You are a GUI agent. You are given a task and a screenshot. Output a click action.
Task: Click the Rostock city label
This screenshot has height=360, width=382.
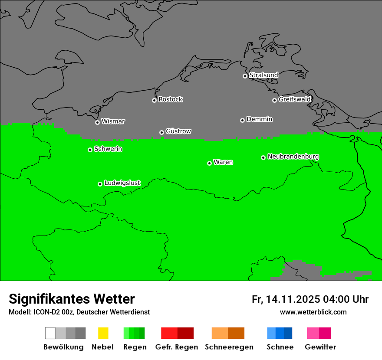coord(171,99)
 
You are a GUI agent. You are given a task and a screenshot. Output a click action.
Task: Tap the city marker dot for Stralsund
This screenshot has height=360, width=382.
coord(245,76)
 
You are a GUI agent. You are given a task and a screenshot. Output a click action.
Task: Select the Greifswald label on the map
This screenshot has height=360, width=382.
coord(294,99)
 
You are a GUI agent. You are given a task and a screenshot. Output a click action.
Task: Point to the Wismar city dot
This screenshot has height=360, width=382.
coord(97,122)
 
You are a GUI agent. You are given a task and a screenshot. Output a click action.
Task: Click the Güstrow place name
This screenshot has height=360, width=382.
coord(178,131)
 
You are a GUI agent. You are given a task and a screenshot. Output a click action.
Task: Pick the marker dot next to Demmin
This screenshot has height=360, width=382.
coord(242,120)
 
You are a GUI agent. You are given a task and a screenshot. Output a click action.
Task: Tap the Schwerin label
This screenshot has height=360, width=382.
coord(108,149)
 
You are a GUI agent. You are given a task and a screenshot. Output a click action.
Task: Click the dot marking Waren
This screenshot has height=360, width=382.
coord(209,163)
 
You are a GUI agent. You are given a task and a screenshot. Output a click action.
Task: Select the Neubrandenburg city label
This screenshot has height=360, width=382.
coord(293,156)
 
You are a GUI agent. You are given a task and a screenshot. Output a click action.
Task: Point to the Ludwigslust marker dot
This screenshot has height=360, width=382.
coord(100,184)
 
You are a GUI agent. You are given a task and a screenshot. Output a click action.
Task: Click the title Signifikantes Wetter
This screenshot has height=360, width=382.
coord(72,299)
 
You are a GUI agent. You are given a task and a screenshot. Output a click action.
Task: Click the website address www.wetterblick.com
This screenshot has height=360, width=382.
coord(313,312)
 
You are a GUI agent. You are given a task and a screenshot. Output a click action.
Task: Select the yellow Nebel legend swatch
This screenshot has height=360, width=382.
coord(103,333)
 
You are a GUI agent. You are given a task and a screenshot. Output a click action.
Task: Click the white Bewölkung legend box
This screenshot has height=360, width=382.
coord(50,333)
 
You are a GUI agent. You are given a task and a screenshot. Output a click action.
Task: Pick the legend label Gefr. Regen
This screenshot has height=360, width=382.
coord(177,347)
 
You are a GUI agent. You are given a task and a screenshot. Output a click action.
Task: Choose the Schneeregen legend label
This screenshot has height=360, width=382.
coord(229,347)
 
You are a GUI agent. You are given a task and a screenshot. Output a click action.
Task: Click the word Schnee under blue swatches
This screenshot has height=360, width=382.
coord(280,347)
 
